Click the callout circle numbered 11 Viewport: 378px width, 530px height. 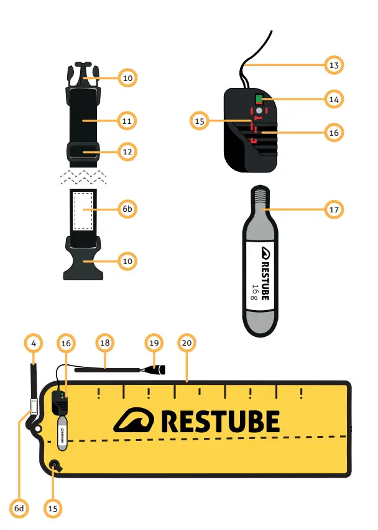pyautogui.click(x=127, y=120)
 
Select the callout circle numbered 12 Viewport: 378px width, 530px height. pyautogui.click(x=127, y=151)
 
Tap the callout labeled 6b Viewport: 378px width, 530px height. pyautogui.click(x=127, y=209)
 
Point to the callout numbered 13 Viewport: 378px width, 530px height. pyautogui.click(x=334, y=65)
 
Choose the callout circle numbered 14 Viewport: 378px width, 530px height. pyautogui.click(x=334, y=98)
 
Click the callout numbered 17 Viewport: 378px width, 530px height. pyautogui.click(x=334, y=209)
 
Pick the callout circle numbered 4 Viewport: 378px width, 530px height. pyautogui.click(x=34, y=343)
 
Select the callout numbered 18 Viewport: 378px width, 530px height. pyautogui.click(x=104, y=343)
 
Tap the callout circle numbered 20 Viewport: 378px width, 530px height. pyautogui.click(x=186, y=343)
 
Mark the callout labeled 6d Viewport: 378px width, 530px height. pyautogui.click(x=19, y=508)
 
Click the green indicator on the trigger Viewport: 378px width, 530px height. pyautogui.click(x=259, y=98)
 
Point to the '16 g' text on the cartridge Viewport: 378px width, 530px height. pyautogui.click(x=256, y=291)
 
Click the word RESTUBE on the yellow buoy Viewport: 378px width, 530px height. pyautogui.click(x=220, y=422)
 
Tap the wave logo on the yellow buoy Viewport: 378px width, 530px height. pyautogui.click(x=133, y=421)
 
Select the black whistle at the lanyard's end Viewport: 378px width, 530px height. pyautogui.click(x=155, y=369)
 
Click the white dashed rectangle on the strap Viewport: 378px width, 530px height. pyautogui.click(x=83, y=209)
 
